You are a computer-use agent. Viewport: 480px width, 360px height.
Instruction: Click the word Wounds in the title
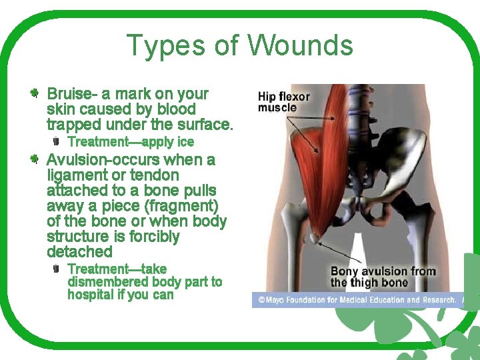point(300,46)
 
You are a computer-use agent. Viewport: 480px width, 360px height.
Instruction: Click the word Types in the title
point(166,46)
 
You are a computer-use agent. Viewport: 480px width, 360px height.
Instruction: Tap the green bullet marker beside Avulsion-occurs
point(34,159)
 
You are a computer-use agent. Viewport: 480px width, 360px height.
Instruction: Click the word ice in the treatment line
point(186,142)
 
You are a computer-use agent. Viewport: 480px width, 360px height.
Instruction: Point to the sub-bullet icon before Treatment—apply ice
point(57,141)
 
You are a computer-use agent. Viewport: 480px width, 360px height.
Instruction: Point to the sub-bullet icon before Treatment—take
point(57,269)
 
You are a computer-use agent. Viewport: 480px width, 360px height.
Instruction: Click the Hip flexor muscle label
point(283,102)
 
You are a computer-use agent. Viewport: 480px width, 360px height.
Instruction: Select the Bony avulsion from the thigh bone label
point(383,277)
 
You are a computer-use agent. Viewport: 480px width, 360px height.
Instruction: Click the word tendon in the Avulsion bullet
point(156,175)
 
